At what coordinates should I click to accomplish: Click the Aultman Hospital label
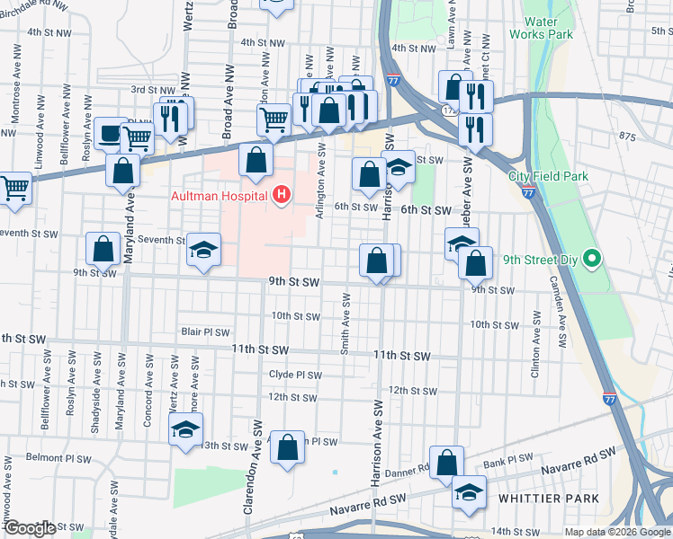click(220, 196)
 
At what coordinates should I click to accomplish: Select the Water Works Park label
click(541, 28)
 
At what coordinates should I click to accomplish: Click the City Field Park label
click(547, 176)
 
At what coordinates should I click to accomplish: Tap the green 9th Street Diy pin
click(591, 261)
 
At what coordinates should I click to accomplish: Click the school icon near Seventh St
click(204, 251)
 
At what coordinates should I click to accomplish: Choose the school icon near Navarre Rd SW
click(468, 492)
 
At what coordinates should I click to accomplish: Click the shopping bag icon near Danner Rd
click(447, 464)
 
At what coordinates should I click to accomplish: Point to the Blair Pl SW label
click(205, 331)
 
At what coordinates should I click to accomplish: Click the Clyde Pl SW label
click(294, 375)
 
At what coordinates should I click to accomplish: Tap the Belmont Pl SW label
click(58, 458)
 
